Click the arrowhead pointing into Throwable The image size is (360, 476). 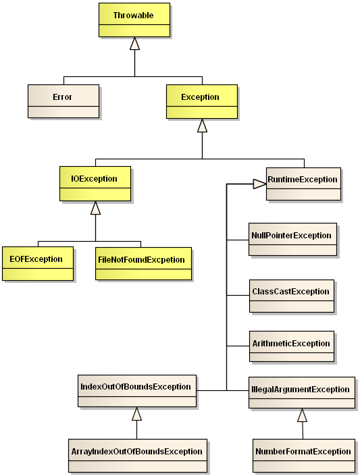click(135, 44)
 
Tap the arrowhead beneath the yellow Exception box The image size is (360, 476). click(202, 126)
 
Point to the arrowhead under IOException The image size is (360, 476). click(96, 208)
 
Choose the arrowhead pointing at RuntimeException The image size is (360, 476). click(259, 183)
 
